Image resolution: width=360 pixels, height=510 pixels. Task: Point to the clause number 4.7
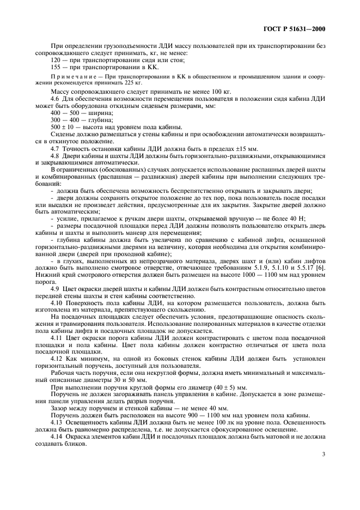tap(55, 149)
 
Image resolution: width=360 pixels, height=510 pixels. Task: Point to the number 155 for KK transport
tap(54, 68)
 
